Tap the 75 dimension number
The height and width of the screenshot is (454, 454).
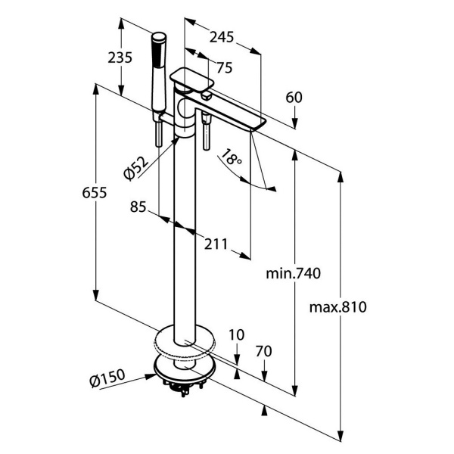tap(224, 67)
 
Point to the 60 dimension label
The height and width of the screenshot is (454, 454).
tap(294, 97)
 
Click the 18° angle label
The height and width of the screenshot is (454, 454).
tap(231, 160)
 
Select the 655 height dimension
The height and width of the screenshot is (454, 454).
tap(95, 193)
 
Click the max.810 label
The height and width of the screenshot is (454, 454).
tap(338, 307)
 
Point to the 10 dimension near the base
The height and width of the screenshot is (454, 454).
tap(237, 334)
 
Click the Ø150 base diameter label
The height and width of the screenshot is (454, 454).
tap(105, 383)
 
